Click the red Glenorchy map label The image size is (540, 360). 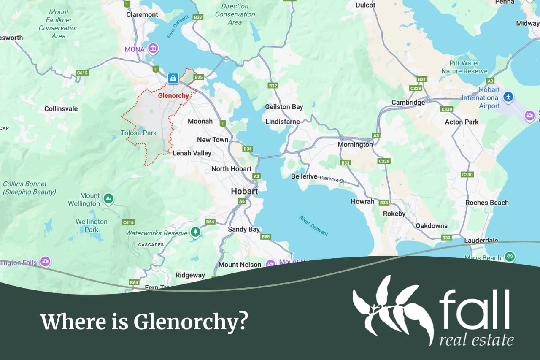click(173, 95)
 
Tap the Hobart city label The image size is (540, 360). click(244, 191)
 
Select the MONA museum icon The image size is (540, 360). click(153, 49)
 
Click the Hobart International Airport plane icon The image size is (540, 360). click(508, 97)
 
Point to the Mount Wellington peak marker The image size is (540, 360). click(108, 198)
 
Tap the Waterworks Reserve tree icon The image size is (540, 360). click(195, 232)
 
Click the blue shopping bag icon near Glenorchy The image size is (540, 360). click(173, 78)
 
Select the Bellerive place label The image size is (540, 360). click(304, 176)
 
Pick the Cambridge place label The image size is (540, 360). click(408, 102)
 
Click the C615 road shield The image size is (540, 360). click(82, 73)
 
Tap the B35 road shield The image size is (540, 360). click(199, 77)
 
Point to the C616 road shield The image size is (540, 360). click(128, 222)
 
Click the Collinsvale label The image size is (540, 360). click(61, 108)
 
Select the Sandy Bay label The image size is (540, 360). click(244, 229)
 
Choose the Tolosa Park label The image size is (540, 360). click(138, 133)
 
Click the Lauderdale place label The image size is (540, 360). click(481, 240)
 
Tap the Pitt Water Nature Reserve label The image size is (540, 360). click(464, 67)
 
